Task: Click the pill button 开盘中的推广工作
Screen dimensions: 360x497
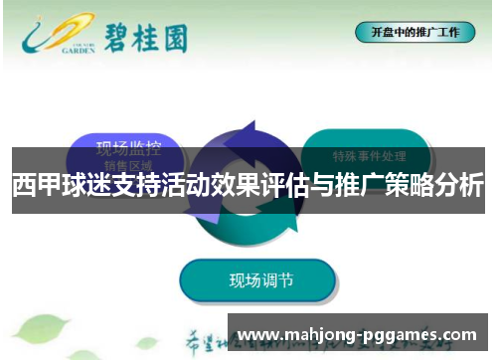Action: coord(414,32)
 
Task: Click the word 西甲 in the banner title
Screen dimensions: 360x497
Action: coord(35,186)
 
